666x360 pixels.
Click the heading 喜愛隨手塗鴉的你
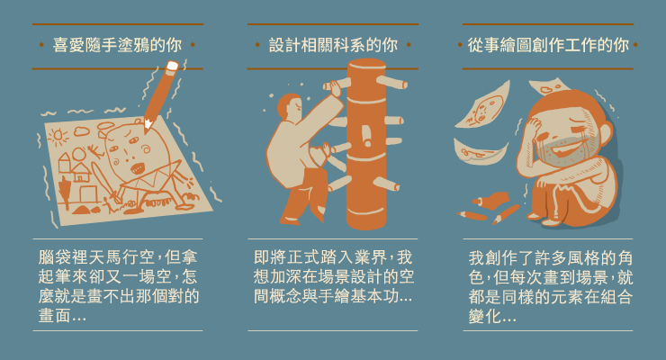(117, 45)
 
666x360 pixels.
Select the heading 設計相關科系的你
(333, 45)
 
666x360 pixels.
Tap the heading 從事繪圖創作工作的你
(548, 45)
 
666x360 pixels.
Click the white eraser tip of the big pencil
(172, 67)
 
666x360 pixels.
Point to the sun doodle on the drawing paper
(58, 136)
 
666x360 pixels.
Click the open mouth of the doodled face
(137, 168)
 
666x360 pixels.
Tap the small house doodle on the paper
(81, 172)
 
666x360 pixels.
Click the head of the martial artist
(290, 107)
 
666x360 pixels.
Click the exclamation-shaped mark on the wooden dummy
(366, 135)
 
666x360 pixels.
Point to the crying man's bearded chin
(562, 154)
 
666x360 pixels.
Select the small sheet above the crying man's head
(548, 86)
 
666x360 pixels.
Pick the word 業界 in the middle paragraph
(371, 257)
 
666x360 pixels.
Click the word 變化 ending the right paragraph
(484, 317)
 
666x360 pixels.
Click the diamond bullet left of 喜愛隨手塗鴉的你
(41, 45)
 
